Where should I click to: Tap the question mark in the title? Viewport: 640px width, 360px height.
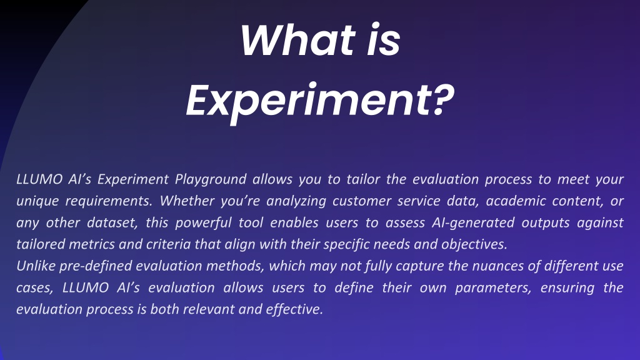click(x=443, y=99)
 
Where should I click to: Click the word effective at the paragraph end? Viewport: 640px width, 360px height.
click(x=294, y=309)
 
